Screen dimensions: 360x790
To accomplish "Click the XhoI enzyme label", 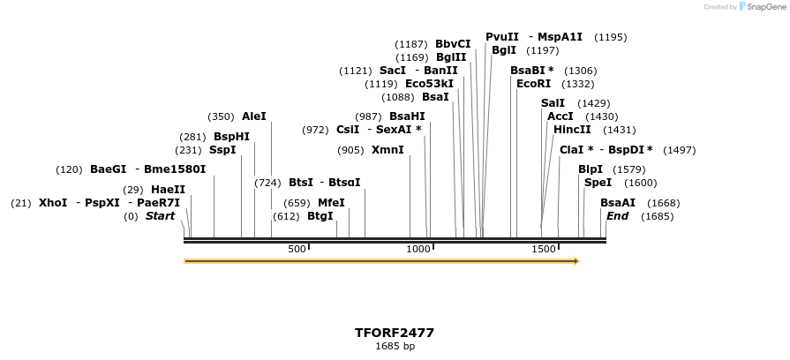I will click(x=53, y=203).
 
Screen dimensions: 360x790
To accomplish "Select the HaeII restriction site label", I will click(x=168, y=190).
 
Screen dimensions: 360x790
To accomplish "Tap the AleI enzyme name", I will click(x=253, y=116).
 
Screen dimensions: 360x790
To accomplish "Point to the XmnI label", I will click(x=387, y=150).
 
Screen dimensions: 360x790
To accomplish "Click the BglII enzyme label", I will click(x=451, y=57).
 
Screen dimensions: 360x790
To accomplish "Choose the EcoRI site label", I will click(x=533, y=84).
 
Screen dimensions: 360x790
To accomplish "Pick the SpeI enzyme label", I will click(x=598, y=183).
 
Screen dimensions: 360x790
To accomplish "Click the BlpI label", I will click(x=591, y=169).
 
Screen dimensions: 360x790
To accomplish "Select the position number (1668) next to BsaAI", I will click(x=664, y=203).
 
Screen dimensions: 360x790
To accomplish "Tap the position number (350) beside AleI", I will click(x=221, y=116).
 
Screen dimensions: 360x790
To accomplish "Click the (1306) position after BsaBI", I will click(x=580, y=71).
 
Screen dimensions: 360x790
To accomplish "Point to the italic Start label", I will click(x=160, y=216).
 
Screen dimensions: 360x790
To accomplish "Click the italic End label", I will click(x=617, y=216).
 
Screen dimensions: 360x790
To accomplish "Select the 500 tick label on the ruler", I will click(x=297, y=250).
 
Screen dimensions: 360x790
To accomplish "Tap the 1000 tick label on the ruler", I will click(x=418, y=250).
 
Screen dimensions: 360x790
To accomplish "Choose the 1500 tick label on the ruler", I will click(x=544, y=250).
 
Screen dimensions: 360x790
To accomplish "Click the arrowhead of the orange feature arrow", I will click(x=576, y=261).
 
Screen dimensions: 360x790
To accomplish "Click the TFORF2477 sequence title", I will click(x=395, y=333).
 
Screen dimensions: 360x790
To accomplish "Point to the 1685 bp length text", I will click(x=395, y=347).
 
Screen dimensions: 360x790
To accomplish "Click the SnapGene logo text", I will click(x=764, y=7).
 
